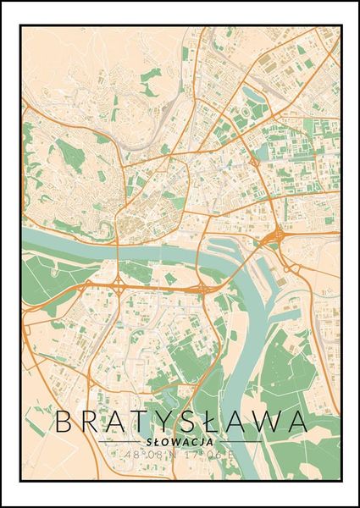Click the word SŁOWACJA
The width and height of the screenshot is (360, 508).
pyautogui.click(x=180, y=442)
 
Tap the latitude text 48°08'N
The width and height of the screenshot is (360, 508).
pyautogui.click(x=152, y=456)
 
